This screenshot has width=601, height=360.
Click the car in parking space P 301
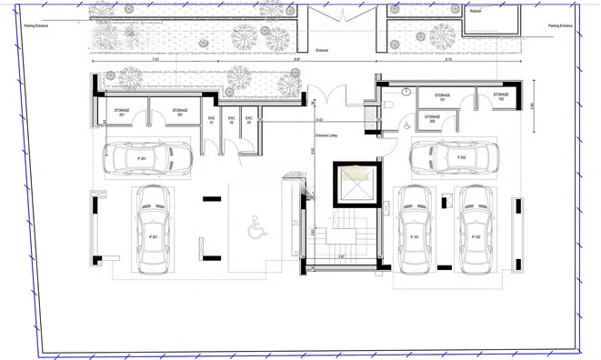pos(144,160)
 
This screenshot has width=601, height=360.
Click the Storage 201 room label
pos(121,113)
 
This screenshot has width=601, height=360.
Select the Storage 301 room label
pos(180,113)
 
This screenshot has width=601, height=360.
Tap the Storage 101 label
pos(442,96)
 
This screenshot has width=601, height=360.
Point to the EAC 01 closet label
pos(211,119)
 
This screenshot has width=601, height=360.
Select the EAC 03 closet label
pos(248,119)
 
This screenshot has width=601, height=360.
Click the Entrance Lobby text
pos(326,135)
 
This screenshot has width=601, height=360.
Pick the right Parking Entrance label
pos(560,26)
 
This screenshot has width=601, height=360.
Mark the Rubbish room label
pos(476,12)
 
